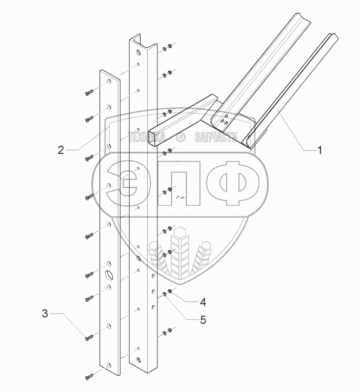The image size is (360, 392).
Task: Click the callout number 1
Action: click(319, 150)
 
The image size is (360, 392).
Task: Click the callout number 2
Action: click(61, 150)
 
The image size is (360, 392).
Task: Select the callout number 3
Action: click(45, 313)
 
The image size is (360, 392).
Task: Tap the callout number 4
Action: click(203, 302)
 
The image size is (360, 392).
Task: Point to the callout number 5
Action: click(203, 320)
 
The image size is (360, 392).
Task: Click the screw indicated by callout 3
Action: click(89, 338)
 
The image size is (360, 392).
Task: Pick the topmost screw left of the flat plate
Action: click(89, 93)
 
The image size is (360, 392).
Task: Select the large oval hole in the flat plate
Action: click(109, 275)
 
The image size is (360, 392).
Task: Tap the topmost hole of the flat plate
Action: click(109, 81)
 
